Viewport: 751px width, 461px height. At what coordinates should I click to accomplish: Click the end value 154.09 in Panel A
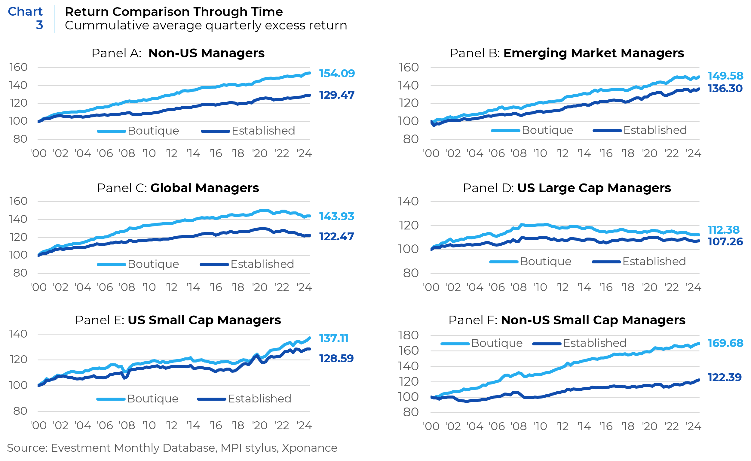337,74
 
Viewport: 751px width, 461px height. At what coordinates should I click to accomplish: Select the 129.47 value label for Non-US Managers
337,95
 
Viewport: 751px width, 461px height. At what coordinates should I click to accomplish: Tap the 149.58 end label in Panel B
725,76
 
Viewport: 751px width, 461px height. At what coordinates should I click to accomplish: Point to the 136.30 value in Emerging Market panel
725,88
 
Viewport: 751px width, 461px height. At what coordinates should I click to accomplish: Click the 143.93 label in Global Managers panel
336,216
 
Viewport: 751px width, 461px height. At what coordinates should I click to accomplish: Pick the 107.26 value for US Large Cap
725,241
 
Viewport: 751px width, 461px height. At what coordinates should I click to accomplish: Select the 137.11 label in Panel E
333,338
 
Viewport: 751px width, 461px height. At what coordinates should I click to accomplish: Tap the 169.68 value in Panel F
725,343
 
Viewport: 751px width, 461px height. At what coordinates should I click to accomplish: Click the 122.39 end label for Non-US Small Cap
725,378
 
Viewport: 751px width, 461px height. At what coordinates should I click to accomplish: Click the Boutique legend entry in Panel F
496,343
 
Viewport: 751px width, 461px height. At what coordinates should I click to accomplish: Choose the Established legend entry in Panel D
654,261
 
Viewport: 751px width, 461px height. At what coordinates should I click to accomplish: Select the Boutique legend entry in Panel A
153,131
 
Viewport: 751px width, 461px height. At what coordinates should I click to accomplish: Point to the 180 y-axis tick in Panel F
408,335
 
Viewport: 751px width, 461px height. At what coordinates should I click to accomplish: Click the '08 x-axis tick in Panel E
127,425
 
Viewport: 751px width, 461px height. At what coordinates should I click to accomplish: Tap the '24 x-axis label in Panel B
693,153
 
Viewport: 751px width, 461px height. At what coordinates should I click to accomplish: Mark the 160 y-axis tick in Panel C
18,201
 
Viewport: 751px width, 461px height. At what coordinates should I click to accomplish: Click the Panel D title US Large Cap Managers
594,188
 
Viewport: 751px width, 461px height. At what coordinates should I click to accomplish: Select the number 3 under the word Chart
39,25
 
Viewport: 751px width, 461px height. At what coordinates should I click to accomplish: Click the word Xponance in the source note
309,448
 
